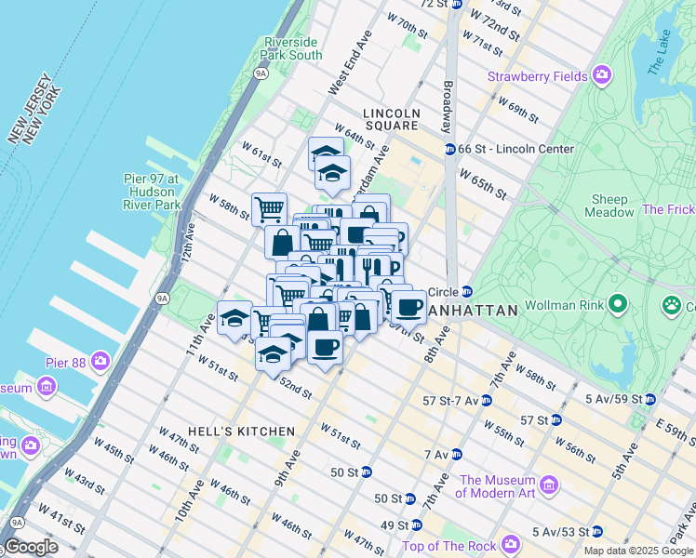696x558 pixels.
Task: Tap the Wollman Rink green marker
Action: [616, 303]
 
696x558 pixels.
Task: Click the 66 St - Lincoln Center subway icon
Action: [449, 149]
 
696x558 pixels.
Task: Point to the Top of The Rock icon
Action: [510, 544]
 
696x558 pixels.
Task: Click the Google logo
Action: [31, 547]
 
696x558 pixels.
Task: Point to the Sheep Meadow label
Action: [609, 206]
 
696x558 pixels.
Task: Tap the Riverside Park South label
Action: [292, 48]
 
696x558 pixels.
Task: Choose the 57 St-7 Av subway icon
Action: [486, 400]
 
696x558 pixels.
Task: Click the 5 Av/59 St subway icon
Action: [649, 400]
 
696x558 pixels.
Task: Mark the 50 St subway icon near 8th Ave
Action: [367, 472]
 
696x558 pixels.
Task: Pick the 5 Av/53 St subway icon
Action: [597, 532]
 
